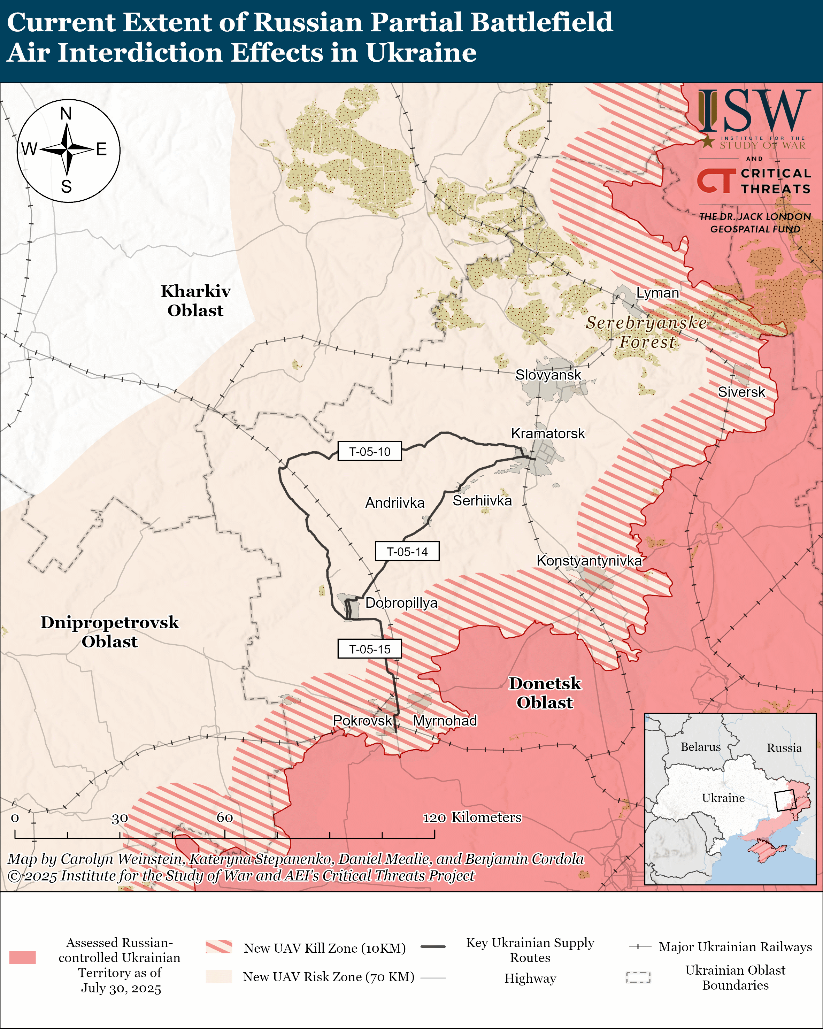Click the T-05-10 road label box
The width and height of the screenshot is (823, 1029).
pyautogui.click(x=369, y=451)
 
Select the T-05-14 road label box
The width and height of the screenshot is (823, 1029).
pyautogui.click(x=407, y=551)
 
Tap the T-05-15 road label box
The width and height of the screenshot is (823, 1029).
pyautogui.click(x=369, y=648)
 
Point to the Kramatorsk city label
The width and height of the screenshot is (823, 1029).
pyautogui.click(x=547, y=433)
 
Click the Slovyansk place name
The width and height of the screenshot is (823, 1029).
pyautogui.click(x=548, y=375)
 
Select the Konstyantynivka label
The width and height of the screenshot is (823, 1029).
pyautogui.click(x=589, y=560)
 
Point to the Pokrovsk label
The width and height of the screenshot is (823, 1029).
pyautogui.click(x=362, y=720)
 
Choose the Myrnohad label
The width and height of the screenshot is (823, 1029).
pyautogui.click(x=444, y=720)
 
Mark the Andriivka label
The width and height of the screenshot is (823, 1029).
pyautogui.click(x=394, y=502)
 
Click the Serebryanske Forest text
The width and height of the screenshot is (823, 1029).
pyautogui.click(x=646, y=332)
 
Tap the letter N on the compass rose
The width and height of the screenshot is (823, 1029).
pyautogui.click(x=66, y=114)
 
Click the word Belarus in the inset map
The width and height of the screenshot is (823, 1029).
pyautogui.click(x=700, y=747)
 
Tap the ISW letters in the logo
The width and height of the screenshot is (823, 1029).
pyautogui.click(x=754, y=111)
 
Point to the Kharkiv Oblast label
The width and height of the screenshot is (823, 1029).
pyautogui.click(x=195, y=301)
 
